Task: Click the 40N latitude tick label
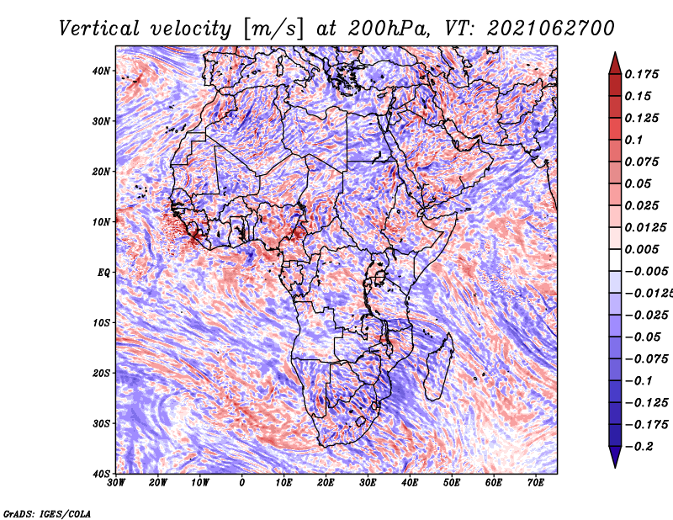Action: [101, 71]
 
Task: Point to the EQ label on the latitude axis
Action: [103, 273]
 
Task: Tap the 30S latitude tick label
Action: [101, 423]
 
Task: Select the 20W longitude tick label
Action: [158, 483]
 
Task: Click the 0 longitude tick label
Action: [242, 483]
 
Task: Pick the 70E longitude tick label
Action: [536, 483]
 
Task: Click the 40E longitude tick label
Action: [410, 483]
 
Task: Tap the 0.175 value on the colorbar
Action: [641, 74]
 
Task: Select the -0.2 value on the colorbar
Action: [639, 447]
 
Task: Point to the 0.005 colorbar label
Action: [641, 249]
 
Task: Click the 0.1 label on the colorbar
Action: [633, 140]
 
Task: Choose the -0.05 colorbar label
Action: [643, 337]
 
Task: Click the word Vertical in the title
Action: [98, 29]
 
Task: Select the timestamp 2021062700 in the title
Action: [551, 29]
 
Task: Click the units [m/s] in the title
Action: [273, 29]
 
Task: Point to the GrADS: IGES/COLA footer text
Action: [47, 513]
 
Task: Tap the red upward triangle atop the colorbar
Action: [615, 63]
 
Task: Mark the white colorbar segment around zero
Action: [615, 260]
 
